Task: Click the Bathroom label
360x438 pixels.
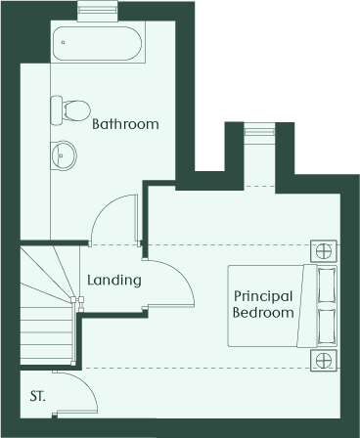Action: pyautogui.click(x=125, y=124)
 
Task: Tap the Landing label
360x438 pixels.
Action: pyautogui.click(x=114, y=281)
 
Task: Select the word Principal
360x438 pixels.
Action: pyautogui.click(x=263, y=297)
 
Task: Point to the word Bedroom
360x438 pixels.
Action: pyautogui.click(x=263, y=312)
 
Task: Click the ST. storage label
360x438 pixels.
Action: pyautogui.click(x=38, y=397)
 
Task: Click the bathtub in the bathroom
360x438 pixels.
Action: pyautogui.click(x=98, y=43)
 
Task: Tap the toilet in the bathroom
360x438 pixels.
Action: pyautogui.click(x=70, y=109)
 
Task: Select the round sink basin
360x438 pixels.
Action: pyautogui.click(x=64, y=155)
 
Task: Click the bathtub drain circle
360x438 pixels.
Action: pyautogui.click(x=63, y=42)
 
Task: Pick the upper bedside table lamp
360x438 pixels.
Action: pyautogui.click(x=324, y=251)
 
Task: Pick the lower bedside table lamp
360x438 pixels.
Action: pyautogui.click(x=324, y=361)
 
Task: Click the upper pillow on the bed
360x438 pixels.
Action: pyautogui.click(x=327, y=285)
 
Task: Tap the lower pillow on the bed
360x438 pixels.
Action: pyautogui.click(x=327, y=327)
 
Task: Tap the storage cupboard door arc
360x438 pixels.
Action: pyautogui.click(x=86, y=382)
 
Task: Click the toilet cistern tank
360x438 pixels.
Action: pyautogui.click(x=57, y=109)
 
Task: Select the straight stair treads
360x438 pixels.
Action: pyautogui.click(x=46, y=335)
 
